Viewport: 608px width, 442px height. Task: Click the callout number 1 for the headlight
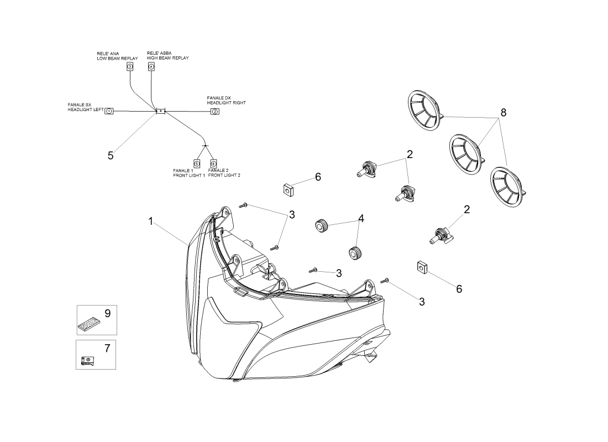[x=151, y=222]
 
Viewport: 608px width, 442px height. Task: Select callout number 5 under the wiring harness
[x=111, y=156]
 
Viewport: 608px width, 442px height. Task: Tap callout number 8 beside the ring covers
[x=504, y=113]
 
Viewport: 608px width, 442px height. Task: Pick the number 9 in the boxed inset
[x=108, y=313]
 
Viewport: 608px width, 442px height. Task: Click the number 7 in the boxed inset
[x=107, y=348]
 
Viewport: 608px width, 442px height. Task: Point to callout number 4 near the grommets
[x=361, y=219]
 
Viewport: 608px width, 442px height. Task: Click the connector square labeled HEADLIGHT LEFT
[x=109, y=111]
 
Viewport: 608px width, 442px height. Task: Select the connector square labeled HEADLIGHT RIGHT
[x=215, y=112]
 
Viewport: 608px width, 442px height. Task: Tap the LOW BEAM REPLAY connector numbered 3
[x=130, y=67]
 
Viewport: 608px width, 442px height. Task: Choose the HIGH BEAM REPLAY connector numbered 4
[x=151, y=67]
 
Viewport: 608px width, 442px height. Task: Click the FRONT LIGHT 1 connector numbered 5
[x=197, y=164]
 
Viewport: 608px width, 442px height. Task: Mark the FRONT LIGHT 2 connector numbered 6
[x=213, y=164]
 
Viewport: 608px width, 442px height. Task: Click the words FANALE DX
[x=219, y=98]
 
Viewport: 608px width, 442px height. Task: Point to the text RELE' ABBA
[x=159, y=53]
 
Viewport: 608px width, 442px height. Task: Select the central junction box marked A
[x=160, y=111]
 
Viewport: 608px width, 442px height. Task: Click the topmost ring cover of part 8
[x=426, y=110]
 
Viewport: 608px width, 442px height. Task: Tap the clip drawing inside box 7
[x=88, y=361]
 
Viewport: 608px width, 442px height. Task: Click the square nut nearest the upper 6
[x=287, y=191]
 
